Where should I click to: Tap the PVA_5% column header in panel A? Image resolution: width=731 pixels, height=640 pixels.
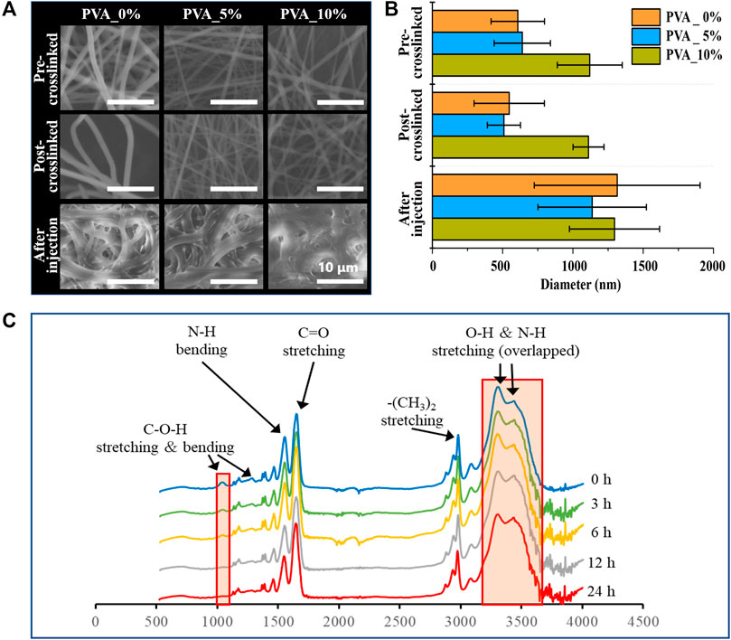click(213, 15)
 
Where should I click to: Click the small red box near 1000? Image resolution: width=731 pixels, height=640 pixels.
click(222, 539)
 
